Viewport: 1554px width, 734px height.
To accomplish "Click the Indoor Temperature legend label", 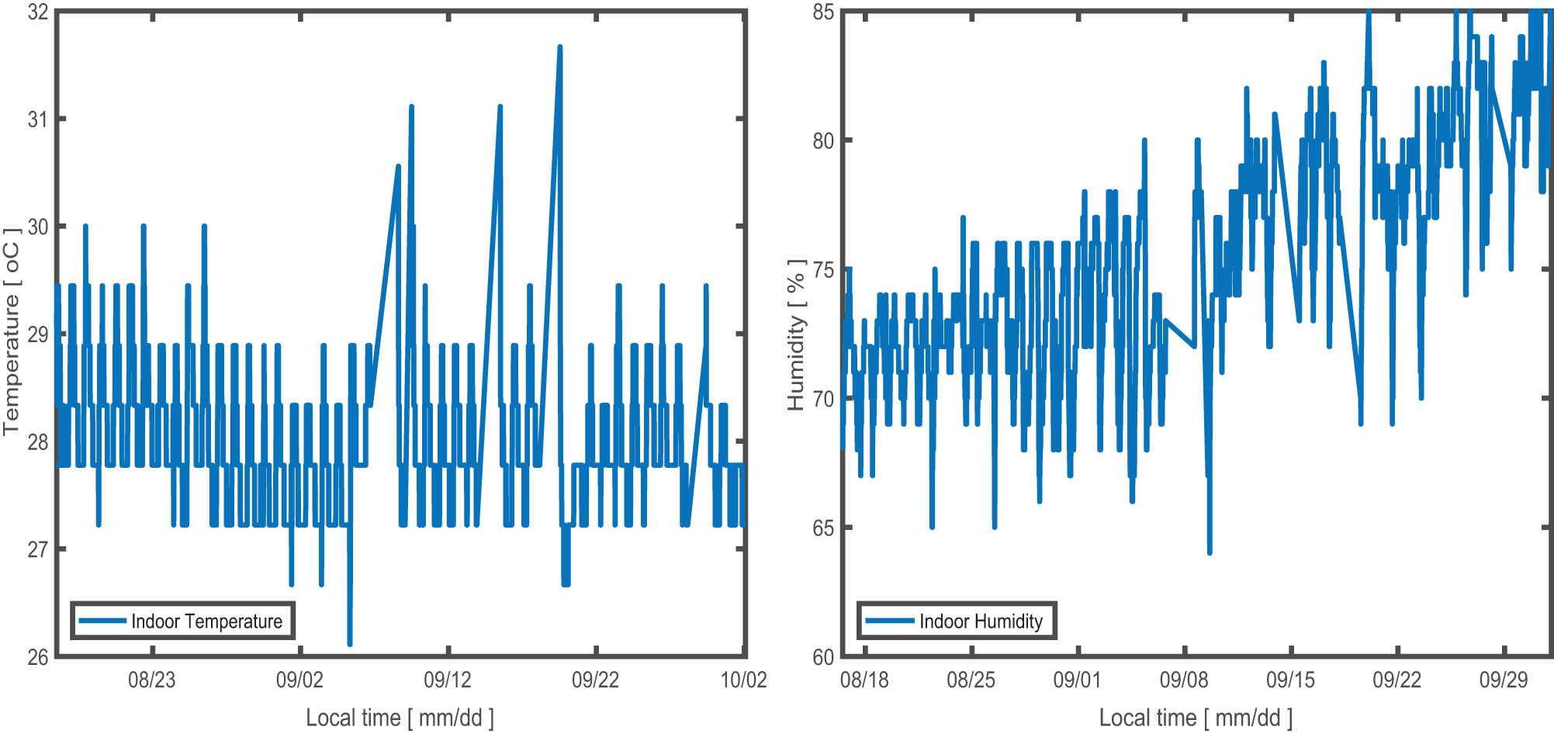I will (x=206, y=621).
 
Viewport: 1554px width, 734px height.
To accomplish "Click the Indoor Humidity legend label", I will (x=981, y=621).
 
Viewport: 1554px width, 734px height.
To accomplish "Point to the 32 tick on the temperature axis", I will (x=38, y=12).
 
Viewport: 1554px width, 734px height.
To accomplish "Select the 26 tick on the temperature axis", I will (x=38, y=657).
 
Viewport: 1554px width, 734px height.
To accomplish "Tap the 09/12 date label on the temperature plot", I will (x=448, y=680).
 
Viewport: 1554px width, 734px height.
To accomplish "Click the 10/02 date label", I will (x=743, y=680).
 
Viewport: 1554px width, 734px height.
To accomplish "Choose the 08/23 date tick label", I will (x=151, y=680).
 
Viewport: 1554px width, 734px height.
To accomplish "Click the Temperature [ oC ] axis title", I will (x=12, y=331).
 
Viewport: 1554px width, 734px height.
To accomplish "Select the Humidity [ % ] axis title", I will (x=796, y=334).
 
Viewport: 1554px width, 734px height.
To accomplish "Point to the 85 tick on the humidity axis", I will (x=823, y=12).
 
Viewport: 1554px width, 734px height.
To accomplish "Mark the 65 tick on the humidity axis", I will (x=823, y=528).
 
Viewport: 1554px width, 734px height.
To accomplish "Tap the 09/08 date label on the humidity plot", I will (x=1184, y=680).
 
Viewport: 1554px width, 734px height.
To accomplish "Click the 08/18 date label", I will (x=864, y=680).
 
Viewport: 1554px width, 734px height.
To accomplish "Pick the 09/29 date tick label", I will (x=1504, y=680).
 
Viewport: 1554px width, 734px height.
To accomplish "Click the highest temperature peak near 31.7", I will (x=559, y=47).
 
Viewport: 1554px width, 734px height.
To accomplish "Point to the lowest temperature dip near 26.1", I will (x=350, y=643).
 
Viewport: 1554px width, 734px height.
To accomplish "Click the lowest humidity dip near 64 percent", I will (x=1210, y=552).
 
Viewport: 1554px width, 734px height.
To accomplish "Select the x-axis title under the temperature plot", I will (x=400, y=718).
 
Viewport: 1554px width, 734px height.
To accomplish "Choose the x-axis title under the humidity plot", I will (x=1196, y=718).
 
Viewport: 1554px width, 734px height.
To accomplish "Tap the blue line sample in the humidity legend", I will (x=889, y=621).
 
